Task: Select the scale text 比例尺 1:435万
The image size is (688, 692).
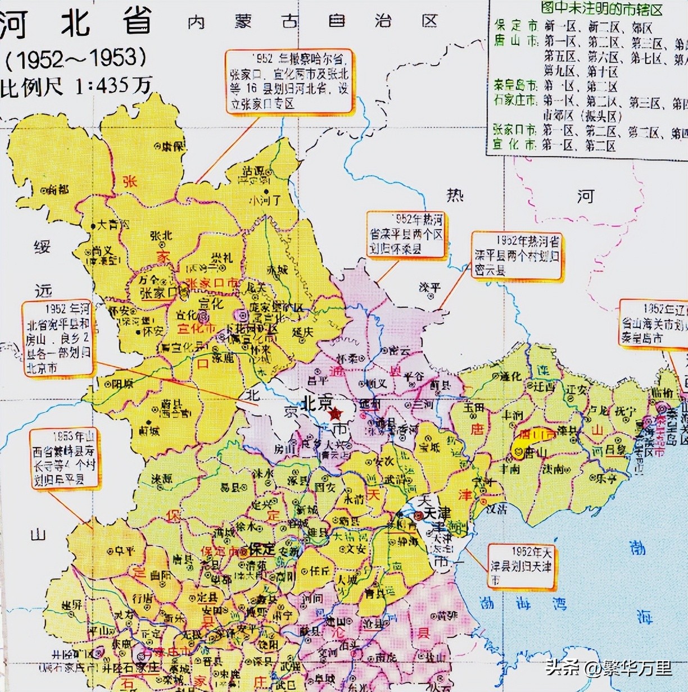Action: (x=76, y=86)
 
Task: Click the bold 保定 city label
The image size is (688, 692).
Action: (x=261, y=549)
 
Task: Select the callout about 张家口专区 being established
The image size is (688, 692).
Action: (x=289, y=81)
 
